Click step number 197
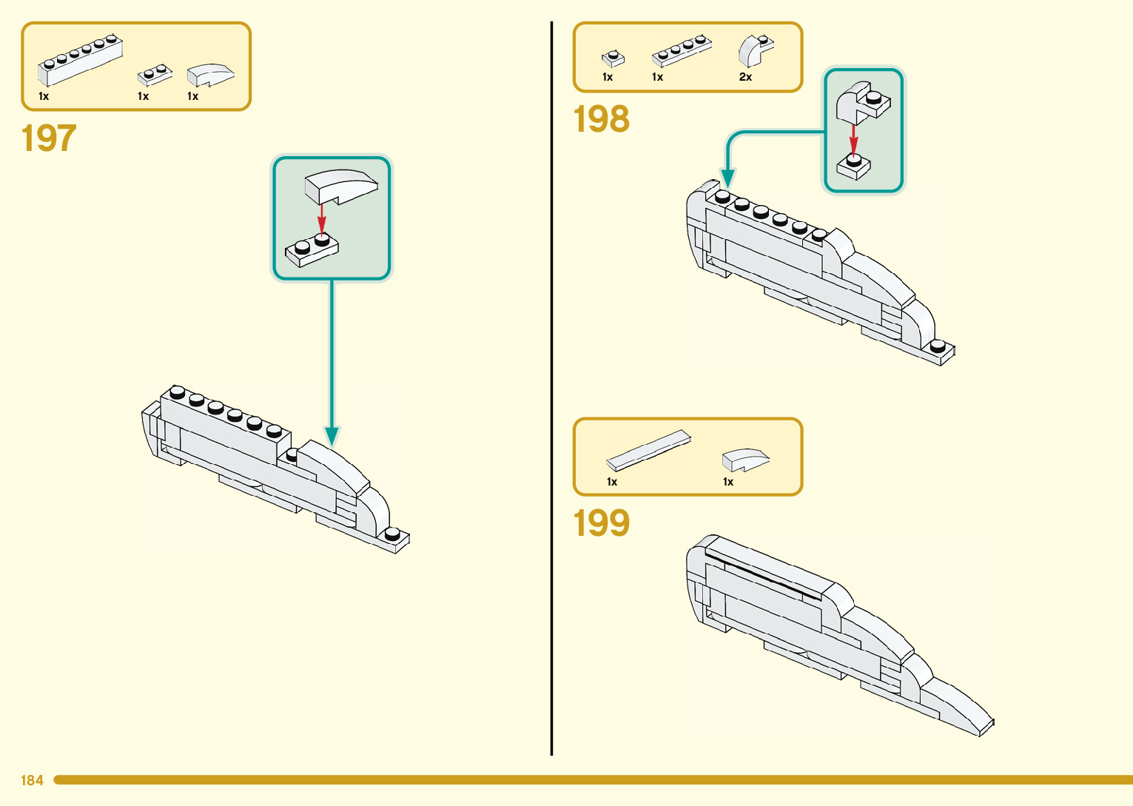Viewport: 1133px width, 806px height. click(x=49, y=138)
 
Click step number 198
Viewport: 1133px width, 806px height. click(x=601, y=119)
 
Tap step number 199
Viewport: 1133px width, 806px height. click(x=601, y=523)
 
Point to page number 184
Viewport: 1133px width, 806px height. click(x=32, y=780)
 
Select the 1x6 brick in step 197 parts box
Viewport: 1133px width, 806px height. click(x=80, y=59)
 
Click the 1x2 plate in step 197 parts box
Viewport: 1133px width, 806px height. click(x=155, y=75)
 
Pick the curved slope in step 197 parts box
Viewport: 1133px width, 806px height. click(x=210, y=75)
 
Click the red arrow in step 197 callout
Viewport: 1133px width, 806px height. click(x=321, y=218)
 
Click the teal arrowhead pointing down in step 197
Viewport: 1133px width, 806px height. click(x=332, y=436)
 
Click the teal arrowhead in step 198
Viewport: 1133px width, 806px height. click(x=728, y=178)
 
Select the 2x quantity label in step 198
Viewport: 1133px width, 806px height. click(x=745, y=77)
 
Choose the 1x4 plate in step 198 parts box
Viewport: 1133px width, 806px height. click(x=682, y=50)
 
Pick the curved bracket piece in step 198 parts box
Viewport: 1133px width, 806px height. click(x=755, y=50)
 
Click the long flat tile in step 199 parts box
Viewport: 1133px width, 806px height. click(x=648, y=451)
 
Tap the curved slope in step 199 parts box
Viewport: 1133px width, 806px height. click(x=745, y=460)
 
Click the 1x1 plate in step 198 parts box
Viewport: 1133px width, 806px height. click(x=613, y=58)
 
